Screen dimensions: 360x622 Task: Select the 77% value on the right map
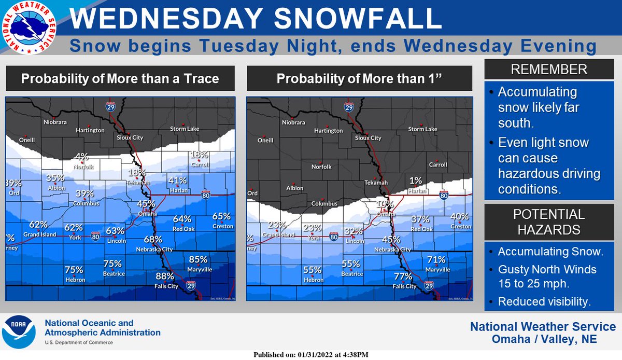(x=403, y=276)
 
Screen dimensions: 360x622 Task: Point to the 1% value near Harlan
(x=415, y=181)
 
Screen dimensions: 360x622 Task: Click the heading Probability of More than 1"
(x=359, y=79)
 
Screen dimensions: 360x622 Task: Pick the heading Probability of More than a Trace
(x=120, y=79)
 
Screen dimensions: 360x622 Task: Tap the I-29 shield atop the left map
(x=110, y=107)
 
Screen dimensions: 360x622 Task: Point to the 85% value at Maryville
(x=198, y=259)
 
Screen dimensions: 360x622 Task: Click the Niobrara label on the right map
(x=294, y=123)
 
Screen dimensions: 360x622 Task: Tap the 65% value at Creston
(x=221, y=216)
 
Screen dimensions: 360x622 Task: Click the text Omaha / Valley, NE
(x=543, y=340)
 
